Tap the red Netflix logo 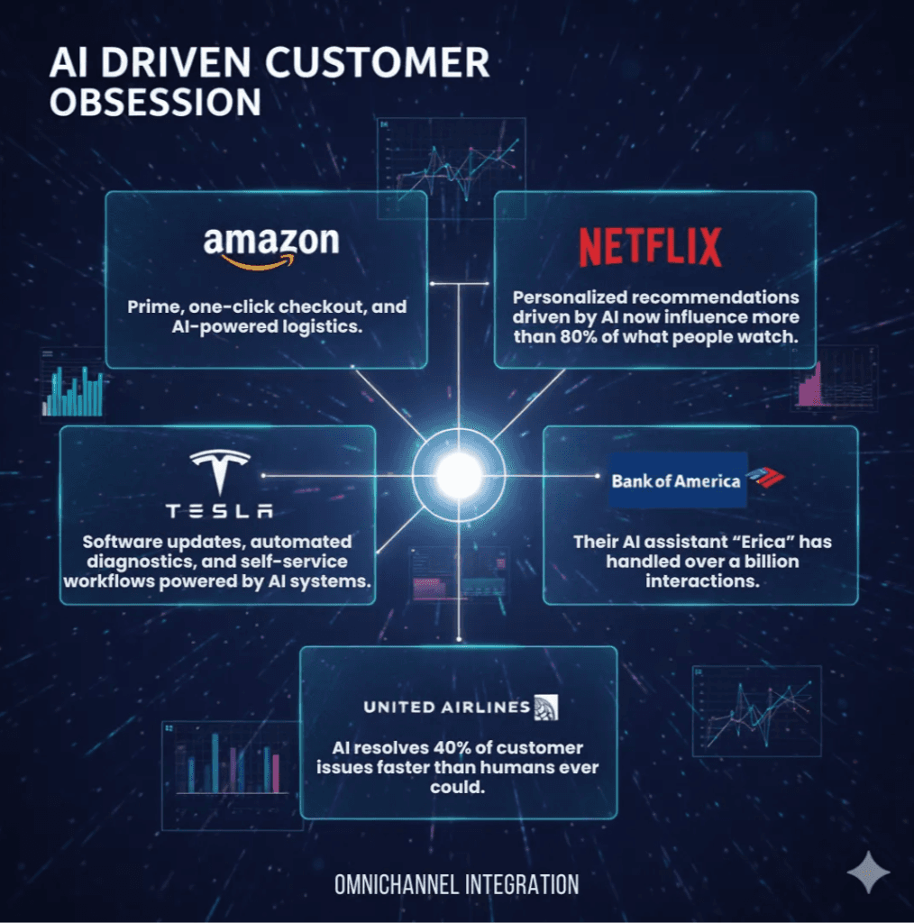point(650,247)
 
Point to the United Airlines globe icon point(546,707)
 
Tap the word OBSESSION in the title point(155,103)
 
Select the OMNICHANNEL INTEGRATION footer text point(456,884)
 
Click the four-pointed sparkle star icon point(868,872)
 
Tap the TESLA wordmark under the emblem point(219,511)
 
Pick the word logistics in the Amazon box point(321,327)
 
